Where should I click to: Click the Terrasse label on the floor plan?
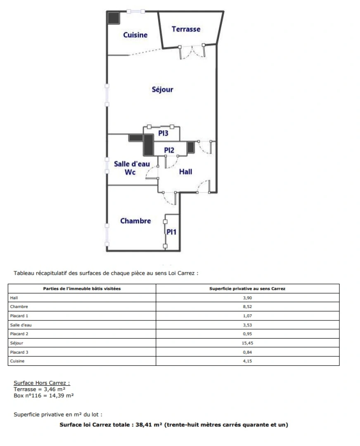[x=186, y=29]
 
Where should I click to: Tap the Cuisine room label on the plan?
[x=135, y=35]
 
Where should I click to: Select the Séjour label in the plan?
[x=162, y=89]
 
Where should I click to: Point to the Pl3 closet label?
[x=163, y=133]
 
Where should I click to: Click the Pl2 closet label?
[x=169, y=150]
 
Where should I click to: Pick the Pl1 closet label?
[x=171, y=232]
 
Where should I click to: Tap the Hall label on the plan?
[x=185, y=171]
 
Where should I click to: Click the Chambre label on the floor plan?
[x=136, y=221]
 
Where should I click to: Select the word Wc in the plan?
[x=130, y=172]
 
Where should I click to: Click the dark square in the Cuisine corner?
[x=114, y=18]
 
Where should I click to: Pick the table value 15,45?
[x=247, y=343]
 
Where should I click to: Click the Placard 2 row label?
[x=19, y=334]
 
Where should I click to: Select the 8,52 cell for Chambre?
[x=247, y=306]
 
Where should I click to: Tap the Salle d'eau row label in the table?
[x=21, y=325]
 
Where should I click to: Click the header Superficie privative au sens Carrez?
[x=247, y=288]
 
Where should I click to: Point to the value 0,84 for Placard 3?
[x=247, y=352]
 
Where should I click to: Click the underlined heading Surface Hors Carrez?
[x=42, y=383]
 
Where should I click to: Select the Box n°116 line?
[x=43, y=395]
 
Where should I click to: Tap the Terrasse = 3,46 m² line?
[x=40, y=389]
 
